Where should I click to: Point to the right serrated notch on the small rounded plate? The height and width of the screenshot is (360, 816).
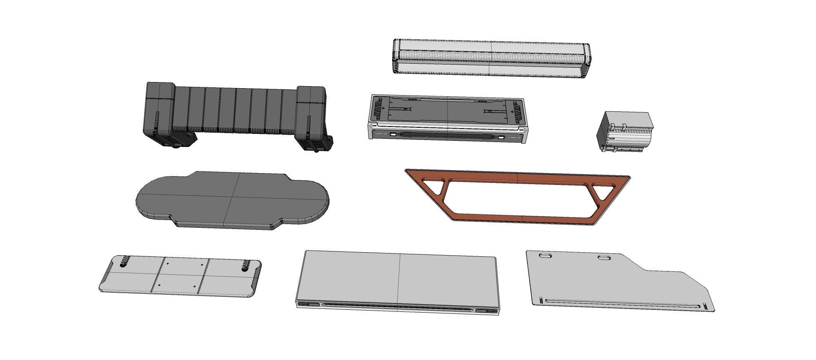246,265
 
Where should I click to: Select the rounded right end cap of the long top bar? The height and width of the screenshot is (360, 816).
587,60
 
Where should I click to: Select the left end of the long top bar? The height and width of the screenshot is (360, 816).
396,56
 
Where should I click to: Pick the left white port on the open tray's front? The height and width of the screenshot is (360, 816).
392,134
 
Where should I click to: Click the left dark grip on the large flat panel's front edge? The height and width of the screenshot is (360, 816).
309,304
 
